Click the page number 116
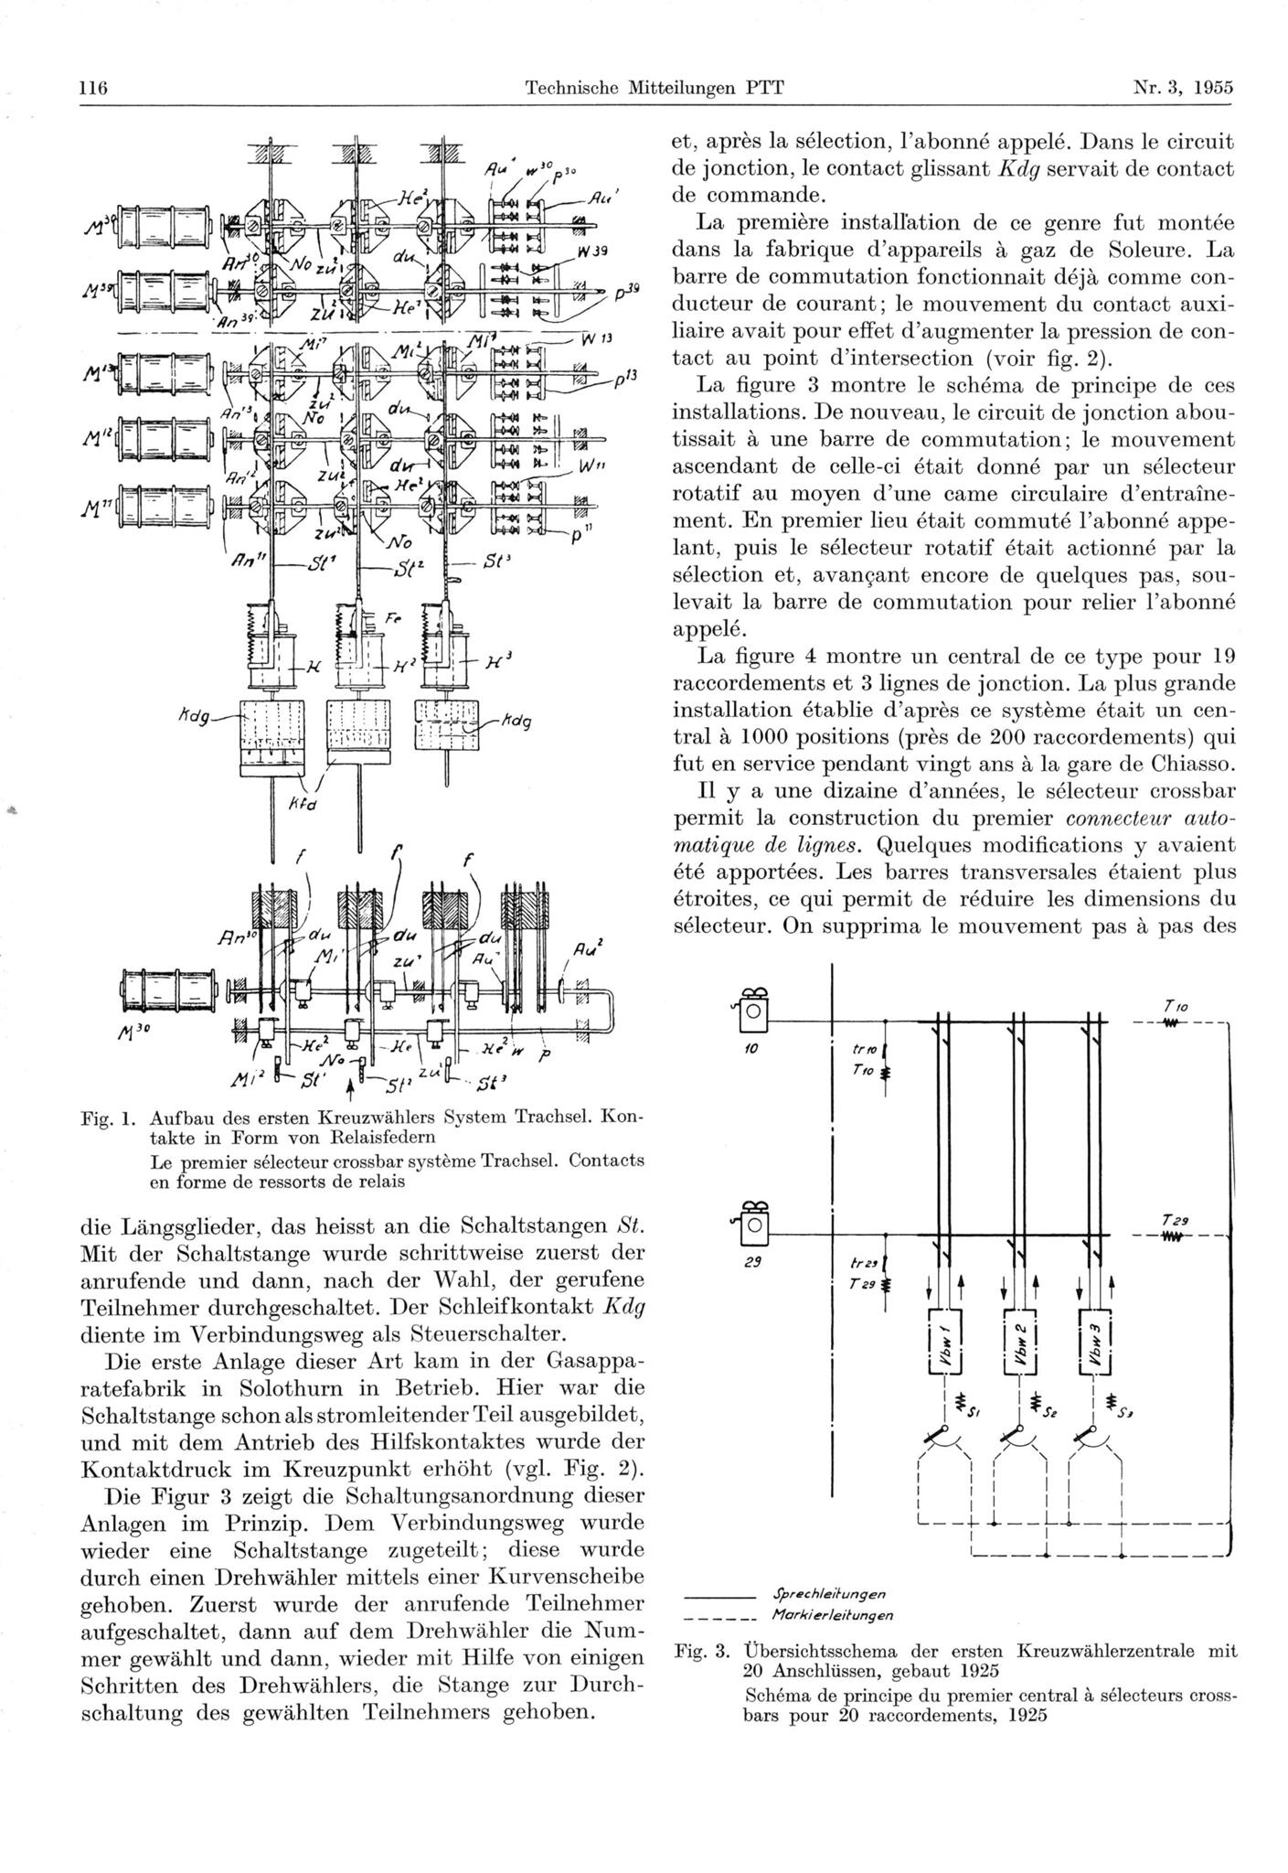tap(94, 89)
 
